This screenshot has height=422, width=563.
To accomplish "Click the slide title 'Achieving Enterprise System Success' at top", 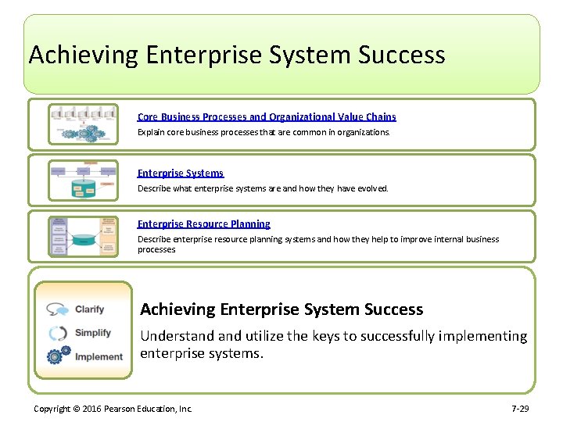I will point(236,55).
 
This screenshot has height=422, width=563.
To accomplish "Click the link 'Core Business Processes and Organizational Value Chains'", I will point(267,116).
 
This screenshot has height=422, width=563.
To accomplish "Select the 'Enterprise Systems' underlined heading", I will point(180,173).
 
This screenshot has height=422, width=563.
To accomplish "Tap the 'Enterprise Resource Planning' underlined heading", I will point(203,224).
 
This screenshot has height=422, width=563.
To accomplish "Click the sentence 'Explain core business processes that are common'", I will point(263,132).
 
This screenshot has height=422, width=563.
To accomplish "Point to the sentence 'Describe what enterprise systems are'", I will point(262,188).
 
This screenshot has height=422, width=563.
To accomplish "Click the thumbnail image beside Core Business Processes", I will point(84,124).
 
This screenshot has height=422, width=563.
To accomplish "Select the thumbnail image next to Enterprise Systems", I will point(84,181).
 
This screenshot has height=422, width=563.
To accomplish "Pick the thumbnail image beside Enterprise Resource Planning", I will point(84,236).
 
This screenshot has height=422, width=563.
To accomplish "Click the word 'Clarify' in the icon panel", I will point(89,309).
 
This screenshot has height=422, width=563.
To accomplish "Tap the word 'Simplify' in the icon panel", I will point(92,333).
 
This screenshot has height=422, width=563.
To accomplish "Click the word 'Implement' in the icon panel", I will point(99,357).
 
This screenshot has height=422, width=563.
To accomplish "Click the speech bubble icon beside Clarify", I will point(57,309).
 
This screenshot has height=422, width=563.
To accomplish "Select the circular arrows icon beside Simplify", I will point(58,333).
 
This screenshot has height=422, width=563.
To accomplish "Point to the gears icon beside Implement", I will point(58,357).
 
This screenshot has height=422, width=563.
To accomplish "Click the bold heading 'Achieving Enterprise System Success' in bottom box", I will point(281,309).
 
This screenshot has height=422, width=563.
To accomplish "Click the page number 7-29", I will point(520,409).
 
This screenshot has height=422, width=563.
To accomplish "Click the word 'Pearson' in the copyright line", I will point(121,409).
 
